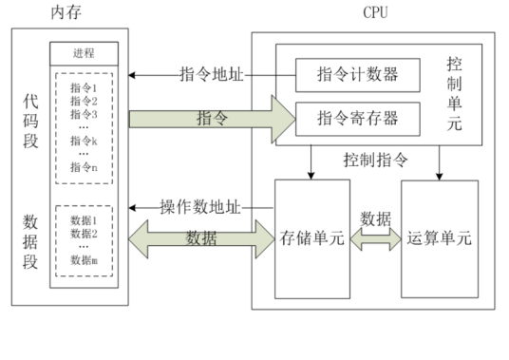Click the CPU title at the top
point(377,12)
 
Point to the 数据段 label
point(31,242)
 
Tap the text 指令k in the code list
point(84,140)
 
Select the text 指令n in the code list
point(84,167)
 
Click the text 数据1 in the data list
point(84,219)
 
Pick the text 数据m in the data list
point(84,260)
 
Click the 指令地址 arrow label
point(208,73)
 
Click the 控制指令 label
point(376,159)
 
